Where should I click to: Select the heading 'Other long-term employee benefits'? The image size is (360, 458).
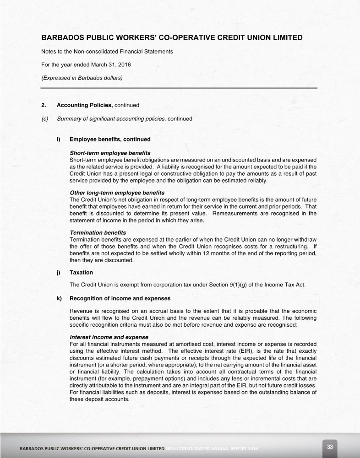click(x=117, y=193)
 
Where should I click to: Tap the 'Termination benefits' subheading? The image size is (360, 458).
click(x=98, y=233)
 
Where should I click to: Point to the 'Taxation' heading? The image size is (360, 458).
click(x=81, y=272)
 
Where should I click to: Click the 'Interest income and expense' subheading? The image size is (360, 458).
click(x=109, y=337)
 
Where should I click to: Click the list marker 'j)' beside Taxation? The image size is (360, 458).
click(x=59, y=272)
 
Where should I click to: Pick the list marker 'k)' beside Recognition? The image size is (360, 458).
click(x=59, y=298)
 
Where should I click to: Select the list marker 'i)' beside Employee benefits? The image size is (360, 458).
click(x=58, y=139)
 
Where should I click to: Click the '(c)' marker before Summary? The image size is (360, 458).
click(x=45, y=119)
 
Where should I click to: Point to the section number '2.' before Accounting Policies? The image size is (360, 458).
click(x=44, y=105)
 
